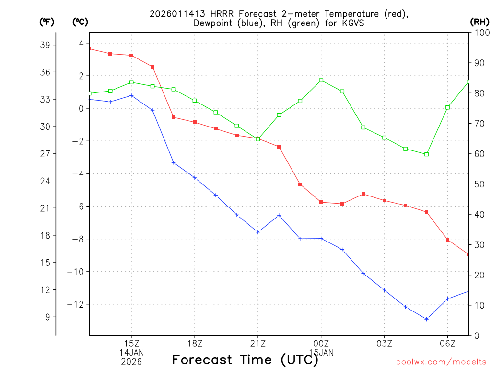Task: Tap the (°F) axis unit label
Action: [x=46, y=22]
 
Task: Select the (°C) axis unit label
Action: [x=80, y=22]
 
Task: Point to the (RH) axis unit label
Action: [x=479, y=22]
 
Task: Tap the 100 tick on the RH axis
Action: [x=480, y=33]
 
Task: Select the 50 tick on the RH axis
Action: [x=478, y=184]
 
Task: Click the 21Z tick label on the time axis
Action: [x=257, y=344]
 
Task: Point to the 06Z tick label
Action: [x=447, y=344]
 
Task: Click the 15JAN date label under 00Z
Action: [x=321, y=353]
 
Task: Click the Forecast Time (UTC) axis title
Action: [x=245, y=359]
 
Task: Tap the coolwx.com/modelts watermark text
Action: [x=441, y=362]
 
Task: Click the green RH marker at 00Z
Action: [x=321, y=80]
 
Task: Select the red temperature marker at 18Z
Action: [x=195, y=122]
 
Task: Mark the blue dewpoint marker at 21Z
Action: [x=258, y=232]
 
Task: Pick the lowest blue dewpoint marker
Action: [x=426, y=319]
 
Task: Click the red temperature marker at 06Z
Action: [x=447, y=240]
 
